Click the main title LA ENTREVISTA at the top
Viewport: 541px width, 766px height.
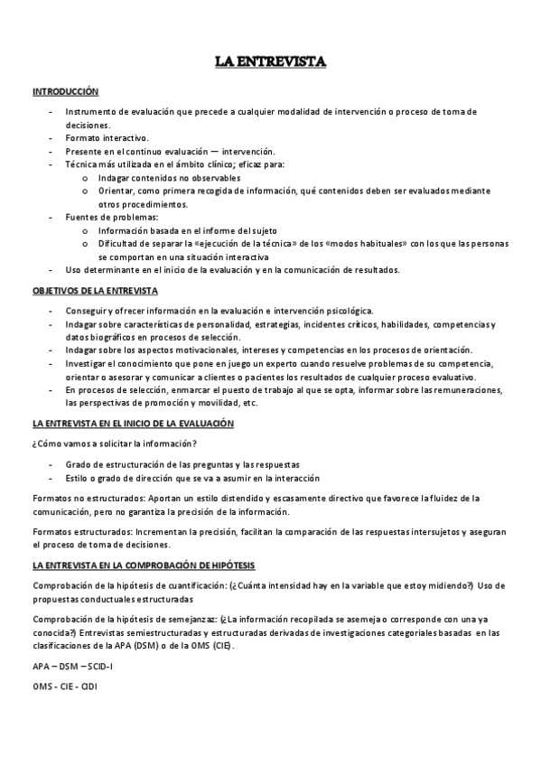pyautogui.click(x=270, y=62)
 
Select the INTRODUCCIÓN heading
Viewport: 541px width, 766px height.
pyautogui.click(x=65, y=92)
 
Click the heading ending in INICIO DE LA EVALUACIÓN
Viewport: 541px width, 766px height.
pyautogui.click(x=133, y=423)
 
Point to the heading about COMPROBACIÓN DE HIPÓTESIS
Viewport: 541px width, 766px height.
pyautogui.click(x=144, y=565)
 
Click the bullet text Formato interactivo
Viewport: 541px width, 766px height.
pyautogui.click(x=107, y=138)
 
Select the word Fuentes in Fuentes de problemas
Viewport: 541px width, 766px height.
pyautogui.click(x=80, y=218)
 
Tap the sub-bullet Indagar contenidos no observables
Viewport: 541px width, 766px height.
pyautogui.click(x=163, y=178)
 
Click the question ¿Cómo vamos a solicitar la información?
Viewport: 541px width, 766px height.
pyautogui.click(x=116, y=443)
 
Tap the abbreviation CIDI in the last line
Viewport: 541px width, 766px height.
pyautogui.click(x=89, y=687)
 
